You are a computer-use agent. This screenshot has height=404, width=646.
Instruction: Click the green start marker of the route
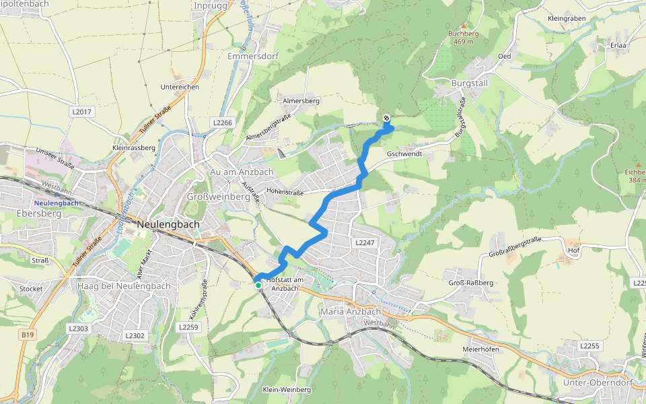258,285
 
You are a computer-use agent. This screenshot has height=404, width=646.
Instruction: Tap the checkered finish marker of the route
386,119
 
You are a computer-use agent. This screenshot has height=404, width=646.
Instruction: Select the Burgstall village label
469,83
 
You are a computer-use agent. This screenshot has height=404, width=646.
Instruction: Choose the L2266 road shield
222,123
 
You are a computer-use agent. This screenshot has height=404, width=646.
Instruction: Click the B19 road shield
27,335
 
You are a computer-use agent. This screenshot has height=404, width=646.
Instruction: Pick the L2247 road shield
362,241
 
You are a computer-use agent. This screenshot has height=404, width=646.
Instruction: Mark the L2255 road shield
589,345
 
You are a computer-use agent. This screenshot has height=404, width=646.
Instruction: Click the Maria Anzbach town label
351,312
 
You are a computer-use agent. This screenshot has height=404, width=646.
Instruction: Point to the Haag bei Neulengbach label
114,286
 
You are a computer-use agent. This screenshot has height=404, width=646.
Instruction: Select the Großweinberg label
218,197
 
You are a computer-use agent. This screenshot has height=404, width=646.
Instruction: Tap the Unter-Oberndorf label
591,382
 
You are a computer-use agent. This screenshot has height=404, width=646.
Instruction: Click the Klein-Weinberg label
287,390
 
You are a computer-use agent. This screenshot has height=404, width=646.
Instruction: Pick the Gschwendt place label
404,154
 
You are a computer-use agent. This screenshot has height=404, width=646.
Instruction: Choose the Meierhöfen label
480,349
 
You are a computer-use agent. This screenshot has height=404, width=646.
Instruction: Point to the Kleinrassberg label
134,147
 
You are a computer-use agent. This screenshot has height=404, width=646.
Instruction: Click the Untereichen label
180,87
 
